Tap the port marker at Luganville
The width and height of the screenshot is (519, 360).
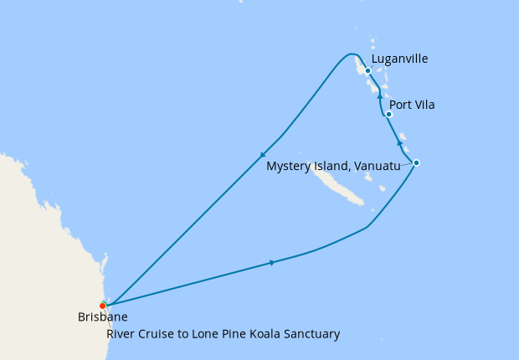click(367, 71)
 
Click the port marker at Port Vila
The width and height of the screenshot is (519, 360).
click(388, 114)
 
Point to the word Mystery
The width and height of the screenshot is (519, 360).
click(289, 167)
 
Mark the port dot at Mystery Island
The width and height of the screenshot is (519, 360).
click(416, 162)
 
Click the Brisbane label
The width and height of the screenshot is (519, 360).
click(102, 317)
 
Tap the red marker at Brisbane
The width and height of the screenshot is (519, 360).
click(102, 305)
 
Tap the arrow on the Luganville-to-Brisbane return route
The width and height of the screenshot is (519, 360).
click(263, 154)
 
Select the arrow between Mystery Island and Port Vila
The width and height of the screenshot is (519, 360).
click(399, 144)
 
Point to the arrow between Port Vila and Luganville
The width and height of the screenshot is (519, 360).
click(379, 96)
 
